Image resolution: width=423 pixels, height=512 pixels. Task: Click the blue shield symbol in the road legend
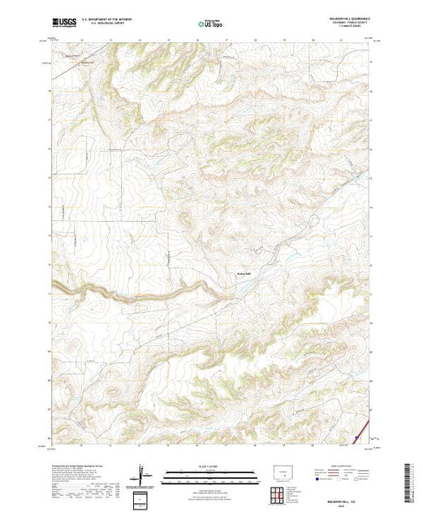313,479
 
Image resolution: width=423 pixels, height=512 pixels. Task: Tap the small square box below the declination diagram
144,497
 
